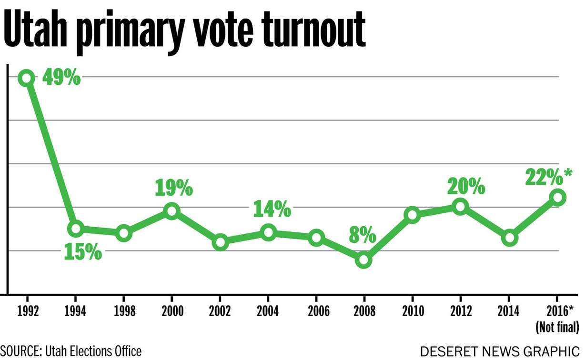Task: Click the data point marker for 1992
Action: pyautogui.click(x=27, y=78)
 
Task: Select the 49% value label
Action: pyautogui.click(x=61, y=78)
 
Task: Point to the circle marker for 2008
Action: pyautogui.click(x=364, y=260)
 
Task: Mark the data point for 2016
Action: pyautogui.click(x=557, y=197)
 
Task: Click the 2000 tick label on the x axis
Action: pyautogui.click(x=171, y=312)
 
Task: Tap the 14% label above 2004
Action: pyautogui.click(x=272, y=209)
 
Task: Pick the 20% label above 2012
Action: pyautogui.click(x=466, y=187)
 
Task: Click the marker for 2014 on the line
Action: pyautogui.click(x=509, y=238)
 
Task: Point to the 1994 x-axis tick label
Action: pyautogui.click(x=75, y=312)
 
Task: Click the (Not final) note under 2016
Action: pyautogui.click(x=557, y=327)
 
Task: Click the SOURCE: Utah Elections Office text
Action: pyautogui.click(x=71, y=351)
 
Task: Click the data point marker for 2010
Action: pyautogui.click(x=413, y=215)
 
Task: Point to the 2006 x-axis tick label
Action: pyautogui.click(x=316, y=312)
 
